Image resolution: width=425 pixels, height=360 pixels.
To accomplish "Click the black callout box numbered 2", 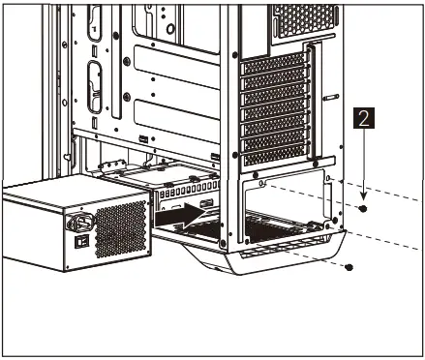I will click(x=363, y=121).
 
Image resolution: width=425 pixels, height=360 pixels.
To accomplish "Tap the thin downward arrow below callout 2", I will click(x=363, y=165).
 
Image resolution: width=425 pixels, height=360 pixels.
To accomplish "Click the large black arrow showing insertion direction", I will click(x=190, y=215).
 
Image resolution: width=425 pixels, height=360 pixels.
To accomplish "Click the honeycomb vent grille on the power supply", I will click(x=120, y=228).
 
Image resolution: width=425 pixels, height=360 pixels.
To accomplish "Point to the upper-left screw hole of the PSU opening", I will click(x=263, y=182).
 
